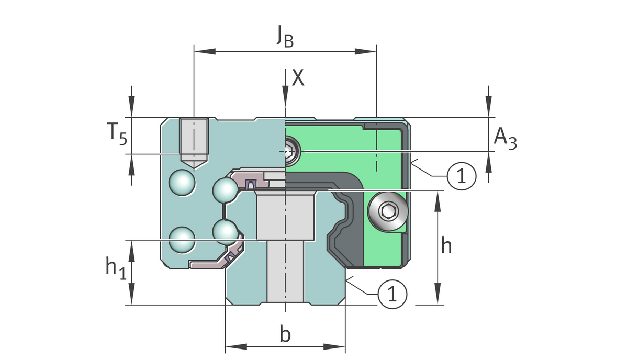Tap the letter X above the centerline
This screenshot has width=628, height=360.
pos(298,78)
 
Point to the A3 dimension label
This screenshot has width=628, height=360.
pos(506,138)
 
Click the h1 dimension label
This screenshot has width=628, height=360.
pos(116,268)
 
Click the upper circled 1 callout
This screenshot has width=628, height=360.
pos(461,176)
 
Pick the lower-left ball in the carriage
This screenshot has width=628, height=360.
pos(183,240)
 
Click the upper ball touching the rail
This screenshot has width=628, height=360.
pos(226,189)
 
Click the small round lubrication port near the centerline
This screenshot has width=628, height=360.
pos(291,151)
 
